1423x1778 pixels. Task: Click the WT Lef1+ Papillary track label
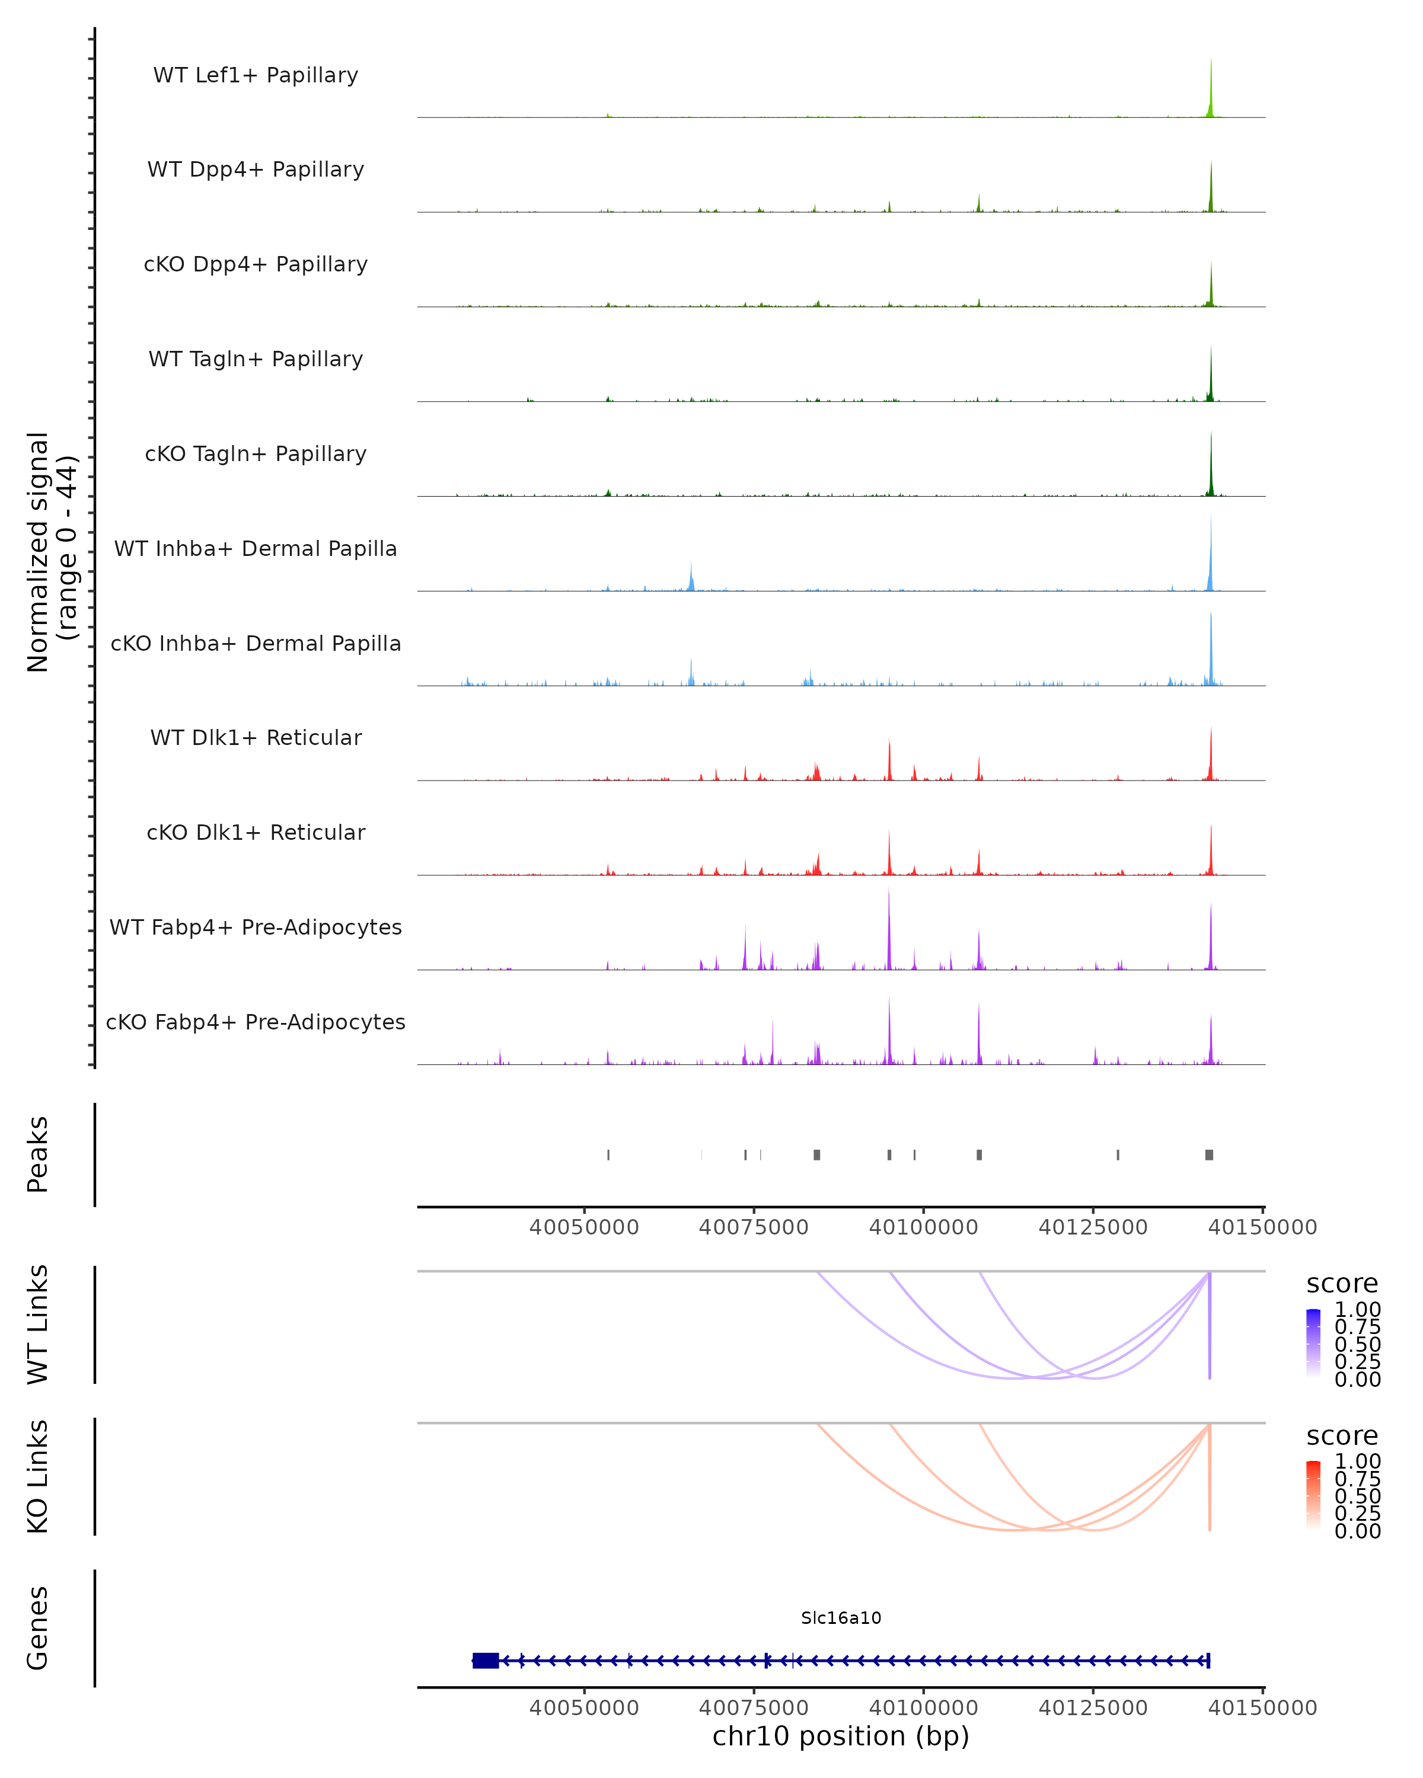coord(256,75)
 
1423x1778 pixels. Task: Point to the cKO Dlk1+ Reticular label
coord(256,832)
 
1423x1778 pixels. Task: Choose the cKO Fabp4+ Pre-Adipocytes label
coord(256,1022)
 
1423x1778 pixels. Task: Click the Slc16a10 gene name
coord(841,1618)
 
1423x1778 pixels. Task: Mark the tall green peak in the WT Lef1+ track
coord(1210,91)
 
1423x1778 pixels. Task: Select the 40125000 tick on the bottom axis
coord(1093,1708)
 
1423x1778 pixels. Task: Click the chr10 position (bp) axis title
coord(841,1736)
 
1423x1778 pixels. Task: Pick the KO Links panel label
coord(38,1476)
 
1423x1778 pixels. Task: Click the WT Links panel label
coord(38,1325)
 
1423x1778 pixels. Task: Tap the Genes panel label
coord(38,1628)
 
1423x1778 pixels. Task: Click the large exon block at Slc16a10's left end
coord(486,1661)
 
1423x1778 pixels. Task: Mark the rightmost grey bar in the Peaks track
coord(1208,1155)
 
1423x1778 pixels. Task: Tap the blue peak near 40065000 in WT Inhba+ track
coord(691,577)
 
